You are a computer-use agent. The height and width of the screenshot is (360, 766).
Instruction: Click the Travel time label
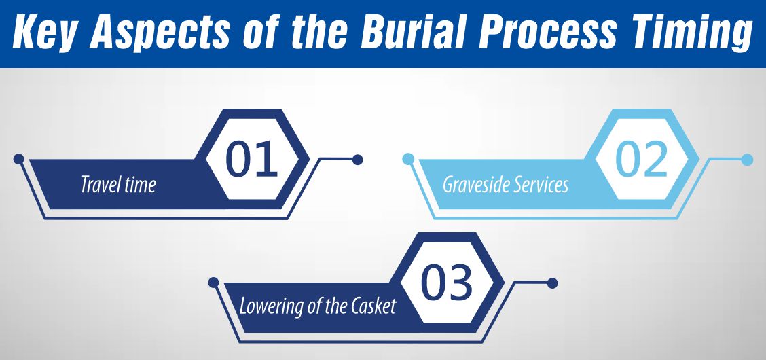(x=118, y=184)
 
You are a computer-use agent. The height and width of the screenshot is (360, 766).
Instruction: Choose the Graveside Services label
(x=506, y=184)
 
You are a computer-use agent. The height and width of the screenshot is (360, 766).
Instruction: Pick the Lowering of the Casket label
(x=317, y=306)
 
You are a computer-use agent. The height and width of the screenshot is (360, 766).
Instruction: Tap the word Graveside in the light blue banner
(x=475, y=184)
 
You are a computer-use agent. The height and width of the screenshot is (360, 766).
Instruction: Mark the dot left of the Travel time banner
(x=19, y=160)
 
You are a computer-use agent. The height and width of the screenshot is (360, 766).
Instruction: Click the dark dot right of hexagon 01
(x=358, y=160)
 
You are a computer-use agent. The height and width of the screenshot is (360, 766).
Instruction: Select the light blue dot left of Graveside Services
(x=408, y=160)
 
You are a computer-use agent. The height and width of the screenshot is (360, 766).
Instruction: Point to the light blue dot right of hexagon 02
(x=747, y=160)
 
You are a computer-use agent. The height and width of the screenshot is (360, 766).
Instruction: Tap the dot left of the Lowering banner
(x=213, y=281)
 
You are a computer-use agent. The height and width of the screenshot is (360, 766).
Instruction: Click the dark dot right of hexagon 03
(x=552, y=283)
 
